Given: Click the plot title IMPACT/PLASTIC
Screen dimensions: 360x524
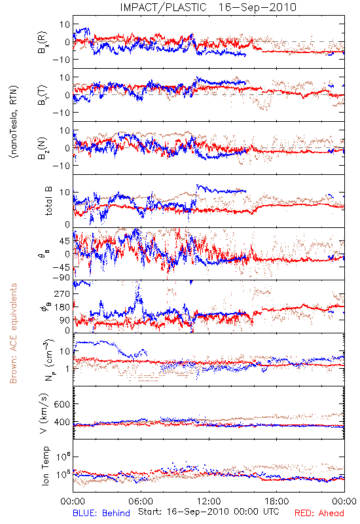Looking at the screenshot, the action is [163, 7].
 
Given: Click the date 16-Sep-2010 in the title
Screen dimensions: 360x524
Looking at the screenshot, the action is [257, 7].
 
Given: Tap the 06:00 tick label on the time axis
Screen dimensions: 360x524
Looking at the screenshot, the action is [141, 501].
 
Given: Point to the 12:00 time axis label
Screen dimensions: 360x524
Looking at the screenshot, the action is [209, 501].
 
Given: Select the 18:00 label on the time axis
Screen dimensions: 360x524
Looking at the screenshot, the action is [277, 501].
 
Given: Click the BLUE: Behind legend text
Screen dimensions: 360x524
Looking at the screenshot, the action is [101, 513].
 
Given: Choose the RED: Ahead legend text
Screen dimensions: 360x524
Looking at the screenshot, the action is [319, 513].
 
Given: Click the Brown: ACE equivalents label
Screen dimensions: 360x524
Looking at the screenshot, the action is [13, 333].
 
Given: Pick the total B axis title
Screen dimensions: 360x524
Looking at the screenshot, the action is [48, 201].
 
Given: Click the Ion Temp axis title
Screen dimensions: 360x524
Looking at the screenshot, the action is [45, 466].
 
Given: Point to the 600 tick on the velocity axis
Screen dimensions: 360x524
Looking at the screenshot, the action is [62, 404].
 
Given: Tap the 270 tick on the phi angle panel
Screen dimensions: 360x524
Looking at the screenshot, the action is [62, 293].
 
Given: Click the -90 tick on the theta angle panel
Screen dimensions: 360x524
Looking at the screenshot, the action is [61, 277].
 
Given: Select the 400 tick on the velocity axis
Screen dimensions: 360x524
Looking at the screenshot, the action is [62, 422].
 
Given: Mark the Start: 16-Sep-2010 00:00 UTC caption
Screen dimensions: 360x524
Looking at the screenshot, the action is [208, 512].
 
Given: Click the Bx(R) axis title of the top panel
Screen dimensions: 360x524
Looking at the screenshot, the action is [43, 42].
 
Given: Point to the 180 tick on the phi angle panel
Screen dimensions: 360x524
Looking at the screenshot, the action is [62, 307].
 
